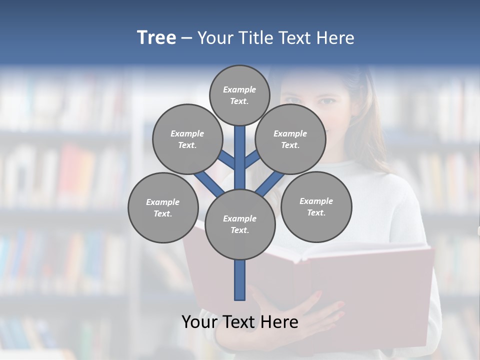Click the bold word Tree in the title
point(156,38)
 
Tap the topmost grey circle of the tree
point(239,95)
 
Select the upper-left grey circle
point(187,139)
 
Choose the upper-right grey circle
point(290,139)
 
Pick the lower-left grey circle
point(163,207)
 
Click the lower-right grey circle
point(316,206)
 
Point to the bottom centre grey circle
point(240,224)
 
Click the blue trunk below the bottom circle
point(240,280)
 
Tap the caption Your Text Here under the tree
point(240,321)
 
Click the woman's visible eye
point(327,101)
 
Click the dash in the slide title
point(186,38)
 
